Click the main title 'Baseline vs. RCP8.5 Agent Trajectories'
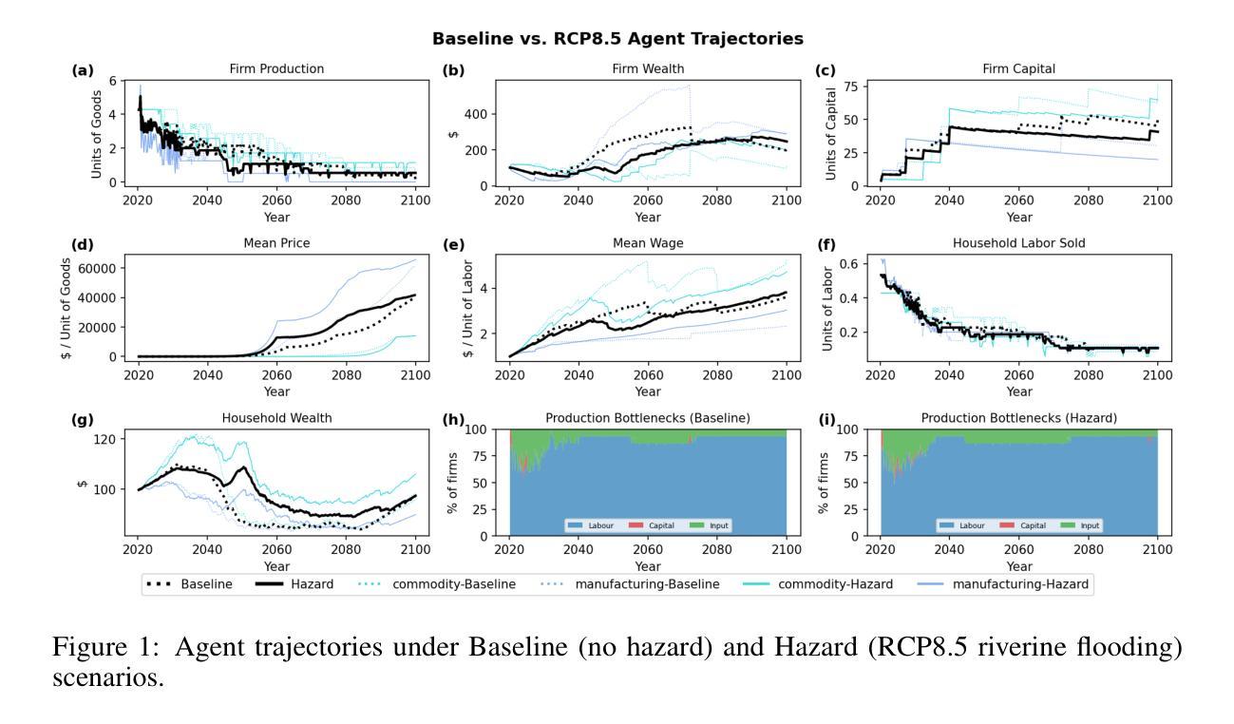point(617,39)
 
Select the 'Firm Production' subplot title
point(276,68)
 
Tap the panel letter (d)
point(83,244)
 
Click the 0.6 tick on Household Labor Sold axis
point(851,263)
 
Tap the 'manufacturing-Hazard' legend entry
point(1024,584)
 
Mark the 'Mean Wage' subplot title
point(648,244)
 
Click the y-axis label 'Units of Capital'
point(830,133)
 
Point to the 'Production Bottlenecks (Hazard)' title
point(1019,419)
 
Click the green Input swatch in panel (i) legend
point(1063,525)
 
